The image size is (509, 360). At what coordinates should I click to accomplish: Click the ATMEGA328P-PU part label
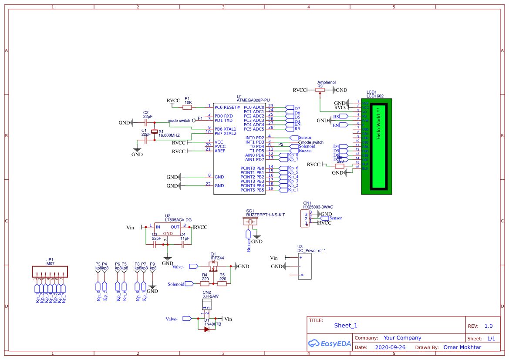pos(253,100)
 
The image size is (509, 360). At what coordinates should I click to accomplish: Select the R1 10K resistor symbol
pos(187,107)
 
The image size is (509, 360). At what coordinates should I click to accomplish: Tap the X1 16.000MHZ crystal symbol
pos(154,132)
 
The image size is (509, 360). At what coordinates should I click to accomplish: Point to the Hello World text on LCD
pos(378,123)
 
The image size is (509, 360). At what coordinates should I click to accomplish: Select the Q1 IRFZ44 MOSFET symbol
pos(214,268)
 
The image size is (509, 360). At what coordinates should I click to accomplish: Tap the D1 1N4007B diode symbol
pos(207,329)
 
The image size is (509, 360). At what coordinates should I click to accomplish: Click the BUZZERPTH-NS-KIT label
pos(265,215)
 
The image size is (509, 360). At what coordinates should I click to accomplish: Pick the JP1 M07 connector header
pos(50,272)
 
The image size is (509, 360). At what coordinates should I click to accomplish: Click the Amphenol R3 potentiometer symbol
pos(320,90)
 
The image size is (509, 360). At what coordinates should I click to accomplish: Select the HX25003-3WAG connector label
pos(318,207)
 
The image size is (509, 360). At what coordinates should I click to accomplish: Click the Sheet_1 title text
pos(346,326)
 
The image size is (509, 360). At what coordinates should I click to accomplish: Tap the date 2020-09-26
pos(390,347)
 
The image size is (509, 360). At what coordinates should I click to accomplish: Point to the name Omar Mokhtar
pos(462,347)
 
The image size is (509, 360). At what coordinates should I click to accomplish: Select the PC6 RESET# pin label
pos(227,107)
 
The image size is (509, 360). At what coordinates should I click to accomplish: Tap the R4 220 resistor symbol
pos(205,284)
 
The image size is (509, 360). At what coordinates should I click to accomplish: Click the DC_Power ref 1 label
pos(311,250)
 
